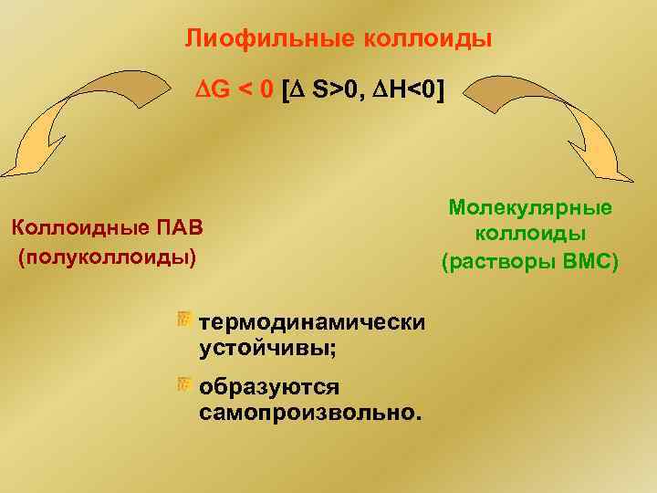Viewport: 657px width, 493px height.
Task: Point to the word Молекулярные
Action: pos(530,208)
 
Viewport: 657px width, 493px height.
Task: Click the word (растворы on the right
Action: pos(497,263)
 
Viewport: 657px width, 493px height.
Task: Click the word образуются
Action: pos(269,387)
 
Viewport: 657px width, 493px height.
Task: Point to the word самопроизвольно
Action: pos(308,413)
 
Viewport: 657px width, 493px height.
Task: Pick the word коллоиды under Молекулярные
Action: pos(530,236)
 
